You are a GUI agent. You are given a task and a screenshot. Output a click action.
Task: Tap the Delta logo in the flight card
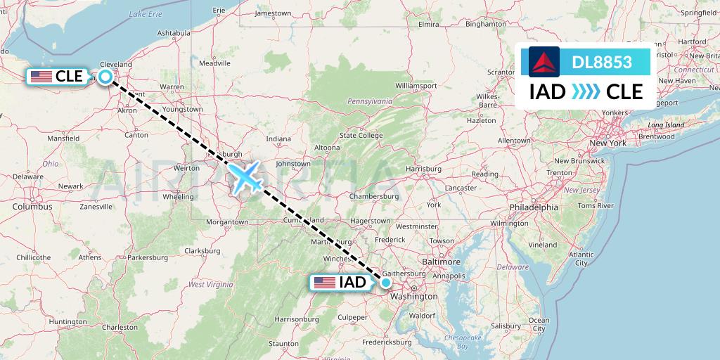click(544, 62)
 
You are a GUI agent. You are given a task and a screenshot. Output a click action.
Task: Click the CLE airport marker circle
click(105, 77)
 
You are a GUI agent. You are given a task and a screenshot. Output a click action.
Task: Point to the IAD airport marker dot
click(386, 283)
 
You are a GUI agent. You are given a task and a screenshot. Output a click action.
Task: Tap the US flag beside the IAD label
click(325, 283)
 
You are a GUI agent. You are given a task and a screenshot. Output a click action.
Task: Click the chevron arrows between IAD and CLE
click(586, 92)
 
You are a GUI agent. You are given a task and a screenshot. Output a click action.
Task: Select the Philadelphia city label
click(534, 207)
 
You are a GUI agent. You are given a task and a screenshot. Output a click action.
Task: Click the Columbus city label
click(32, 207)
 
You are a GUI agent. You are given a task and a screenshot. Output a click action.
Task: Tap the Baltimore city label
click(442, 262)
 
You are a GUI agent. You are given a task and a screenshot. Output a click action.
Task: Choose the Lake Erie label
click(146, 14)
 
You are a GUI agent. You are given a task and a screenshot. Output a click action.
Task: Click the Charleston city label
click(120, 327)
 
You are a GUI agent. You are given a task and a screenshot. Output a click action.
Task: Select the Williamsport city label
click(416, 86)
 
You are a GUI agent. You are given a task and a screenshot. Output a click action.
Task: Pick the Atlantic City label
click(581, 259)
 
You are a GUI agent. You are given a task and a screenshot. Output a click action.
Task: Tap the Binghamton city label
click(486, 23)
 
